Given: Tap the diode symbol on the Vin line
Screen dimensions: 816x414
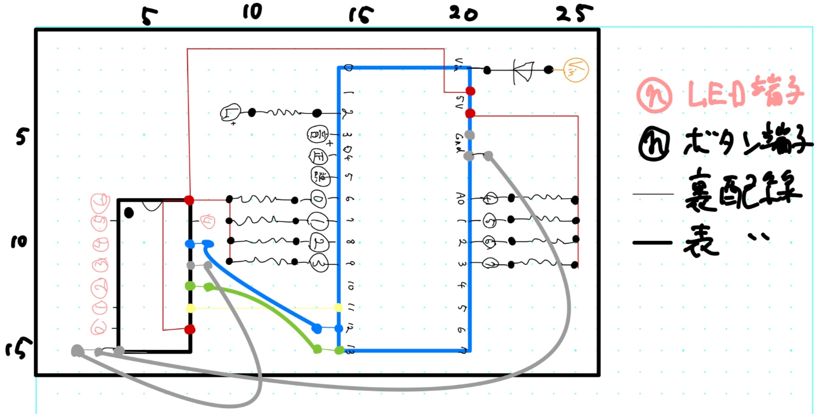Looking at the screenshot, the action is click(x=522, y=70).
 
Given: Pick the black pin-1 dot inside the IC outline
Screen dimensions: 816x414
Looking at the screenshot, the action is click(x=129, y=213).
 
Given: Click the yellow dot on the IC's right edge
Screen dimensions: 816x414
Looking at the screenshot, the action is click(x=189, y=308).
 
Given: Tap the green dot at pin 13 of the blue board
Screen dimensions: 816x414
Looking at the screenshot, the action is click(x=339, y=350).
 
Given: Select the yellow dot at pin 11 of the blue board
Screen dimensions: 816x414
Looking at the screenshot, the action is click(x=338, y=307).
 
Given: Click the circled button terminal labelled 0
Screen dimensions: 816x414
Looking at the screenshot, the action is click(x=319, y=199).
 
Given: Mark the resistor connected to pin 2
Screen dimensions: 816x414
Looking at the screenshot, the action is click(x=284, y=113).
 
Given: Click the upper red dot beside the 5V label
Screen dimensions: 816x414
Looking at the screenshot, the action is click(x=470, y=91).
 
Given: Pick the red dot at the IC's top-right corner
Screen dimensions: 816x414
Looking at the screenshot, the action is click(x=189, y=200).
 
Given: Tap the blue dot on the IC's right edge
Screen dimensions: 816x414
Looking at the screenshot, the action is click(x=189, y=244).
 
